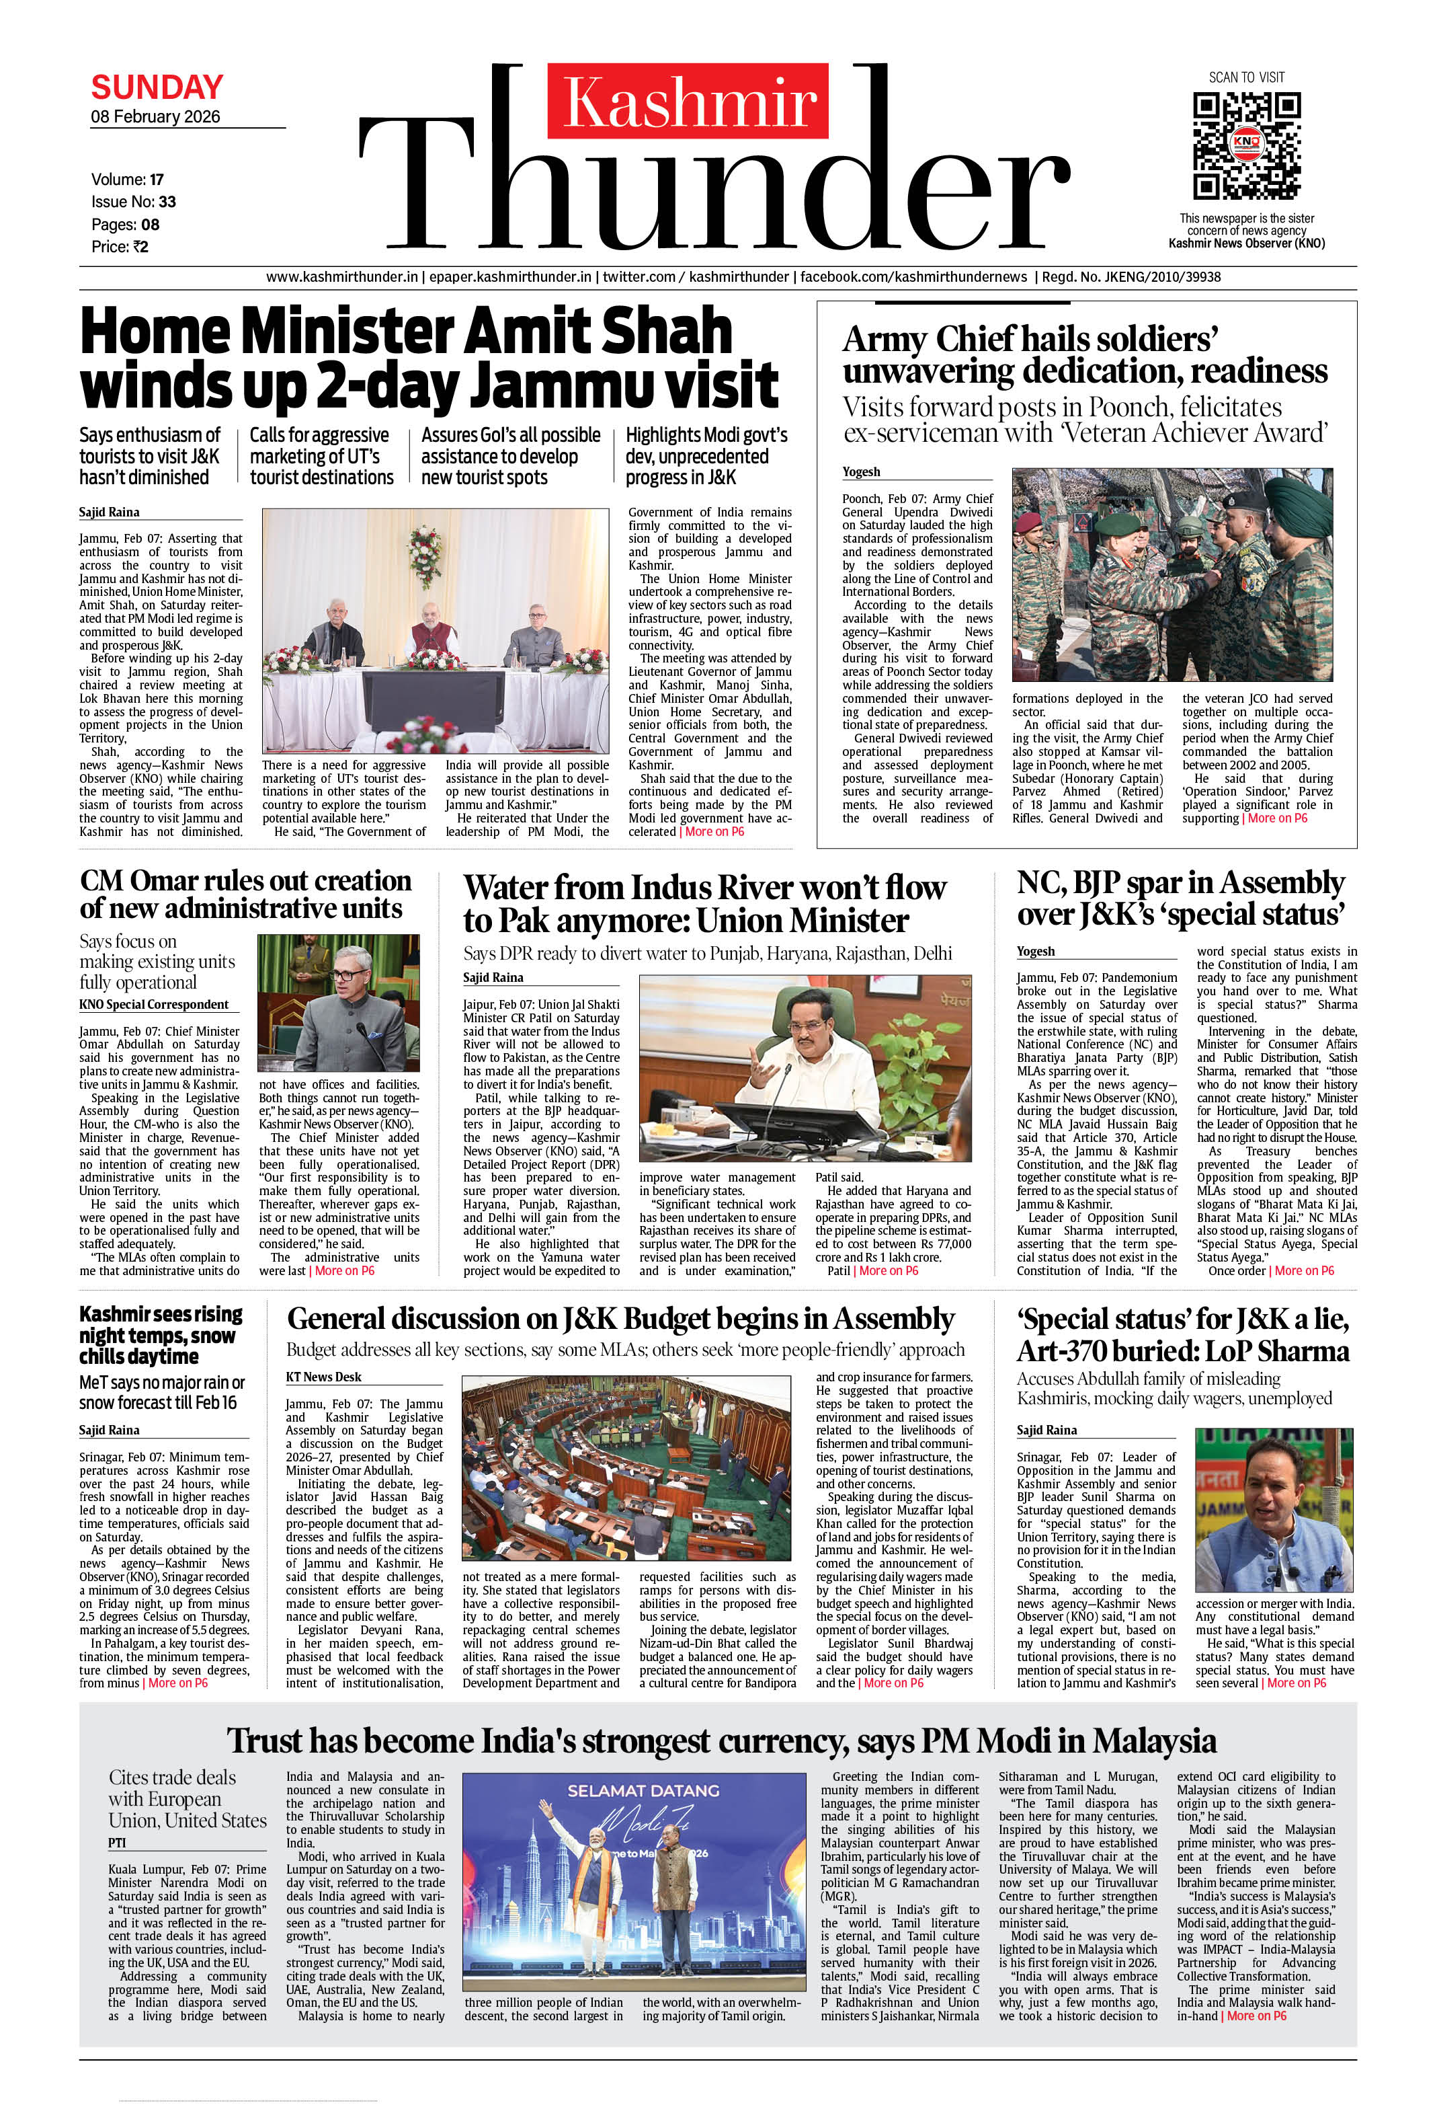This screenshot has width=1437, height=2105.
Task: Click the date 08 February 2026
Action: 156,117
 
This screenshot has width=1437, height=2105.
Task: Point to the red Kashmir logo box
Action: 688,100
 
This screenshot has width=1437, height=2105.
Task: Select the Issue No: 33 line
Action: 133,202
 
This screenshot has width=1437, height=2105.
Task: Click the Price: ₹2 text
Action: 120,246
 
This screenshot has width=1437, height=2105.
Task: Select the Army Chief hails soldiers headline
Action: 1085,354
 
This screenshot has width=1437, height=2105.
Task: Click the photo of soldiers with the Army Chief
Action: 1172,574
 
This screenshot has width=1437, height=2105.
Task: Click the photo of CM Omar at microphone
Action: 338,1003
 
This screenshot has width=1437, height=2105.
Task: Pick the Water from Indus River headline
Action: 704,904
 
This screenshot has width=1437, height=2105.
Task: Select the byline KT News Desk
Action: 323,1377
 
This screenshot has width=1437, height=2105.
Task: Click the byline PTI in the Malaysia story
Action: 118,1842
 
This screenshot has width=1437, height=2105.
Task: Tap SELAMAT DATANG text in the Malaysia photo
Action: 643,1791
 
